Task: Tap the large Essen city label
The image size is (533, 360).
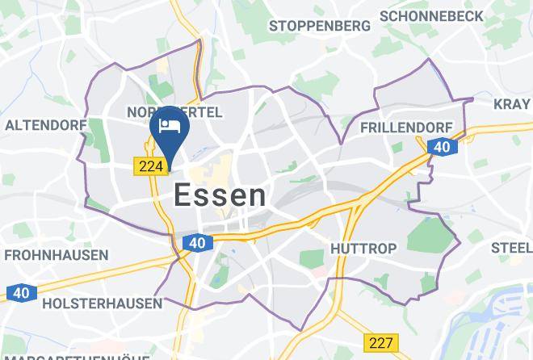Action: (x=220, y=195)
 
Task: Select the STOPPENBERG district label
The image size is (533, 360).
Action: (x=320, y=26)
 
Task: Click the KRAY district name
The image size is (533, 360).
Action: (x=513, y=103)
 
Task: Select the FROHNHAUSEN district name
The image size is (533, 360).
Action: (x=56, y=255)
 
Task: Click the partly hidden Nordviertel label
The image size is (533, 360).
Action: (x=174, y=112)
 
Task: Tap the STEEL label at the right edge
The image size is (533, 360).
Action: (x=511, y=247)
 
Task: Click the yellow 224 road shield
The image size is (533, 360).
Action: (x=150, y=165)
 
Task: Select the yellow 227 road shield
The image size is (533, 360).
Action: (x=380, y=341)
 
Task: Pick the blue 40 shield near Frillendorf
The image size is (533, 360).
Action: (x=442, y=146)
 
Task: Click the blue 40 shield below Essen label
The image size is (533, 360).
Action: (x=196, y=241)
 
